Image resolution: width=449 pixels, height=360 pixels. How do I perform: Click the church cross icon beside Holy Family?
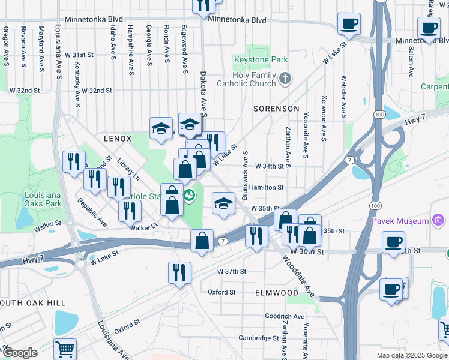[x=285, y=77]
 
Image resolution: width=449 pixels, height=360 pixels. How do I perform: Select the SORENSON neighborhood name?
[x=276, y=109]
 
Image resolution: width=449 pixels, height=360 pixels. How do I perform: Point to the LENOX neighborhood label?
[x=117, y=139]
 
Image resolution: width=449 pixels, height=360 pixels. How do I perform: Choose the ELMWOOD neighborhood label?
[x=276, y=293]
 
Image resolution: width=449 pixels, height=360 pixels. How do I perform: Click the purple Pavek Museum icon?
[x=438, y=221]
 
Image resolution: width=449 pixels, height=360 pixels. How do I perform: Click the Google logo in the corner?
[x=19, y=353]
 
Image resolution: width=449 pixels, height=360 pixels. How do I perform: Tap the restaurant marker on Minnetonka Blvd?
[x=204, y=5]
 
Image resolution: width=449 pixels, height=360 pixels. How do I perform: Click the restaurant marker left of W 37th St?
[x=179, y=272]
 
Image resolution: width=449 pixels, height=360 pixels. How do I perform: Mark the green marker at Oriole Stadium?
[x=190, y=196]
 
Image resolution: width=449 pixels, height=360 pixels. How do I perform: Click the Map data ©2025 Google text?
[x=411, y=355]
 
